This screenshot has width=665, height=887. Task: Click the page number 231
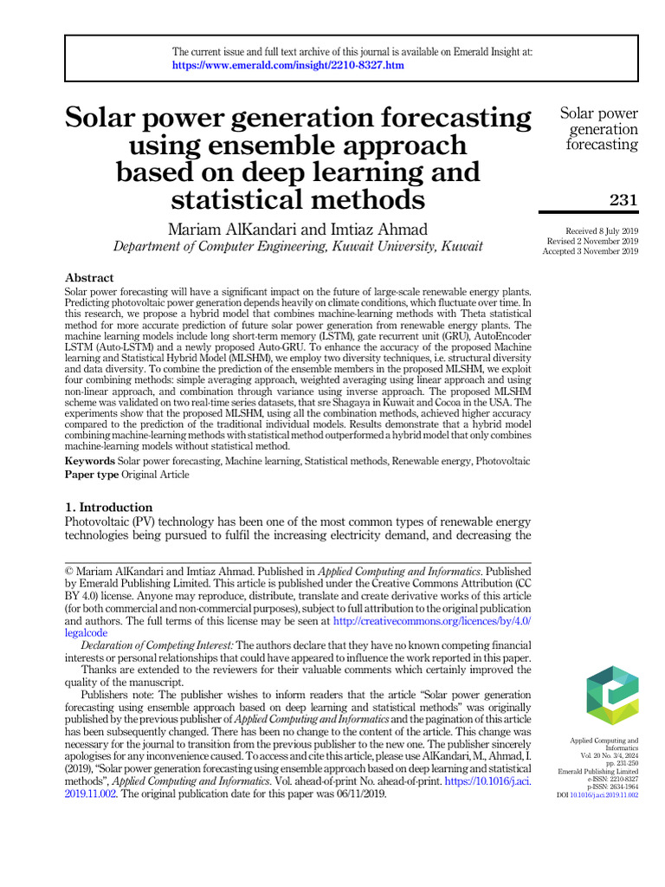[623, 200]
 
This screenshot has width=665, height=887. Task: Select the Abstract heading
[89, 278]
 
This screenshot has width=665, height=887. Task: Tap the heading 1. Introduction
[109, 507]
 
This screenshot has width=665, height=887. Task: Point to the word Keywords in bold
[90, 462]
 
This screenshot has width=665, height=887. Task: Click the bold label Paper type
[92, 475]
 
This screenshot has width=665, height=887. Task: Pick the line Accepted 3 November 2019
[591, 251]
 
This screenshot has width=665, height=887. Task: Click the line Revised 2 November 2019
[591, 241]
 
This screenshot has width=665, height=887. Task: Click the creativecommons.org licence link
[431, 622]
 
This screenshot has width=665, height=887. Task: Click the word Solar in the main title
[107, 118]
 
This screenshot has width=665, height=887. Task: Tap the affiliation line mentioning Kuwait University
[298, 247]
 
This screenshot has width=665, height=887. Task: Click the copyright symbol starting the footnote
[70, 573]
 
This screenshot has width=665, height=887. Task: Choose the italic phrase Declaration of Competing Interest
[158, 645]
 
